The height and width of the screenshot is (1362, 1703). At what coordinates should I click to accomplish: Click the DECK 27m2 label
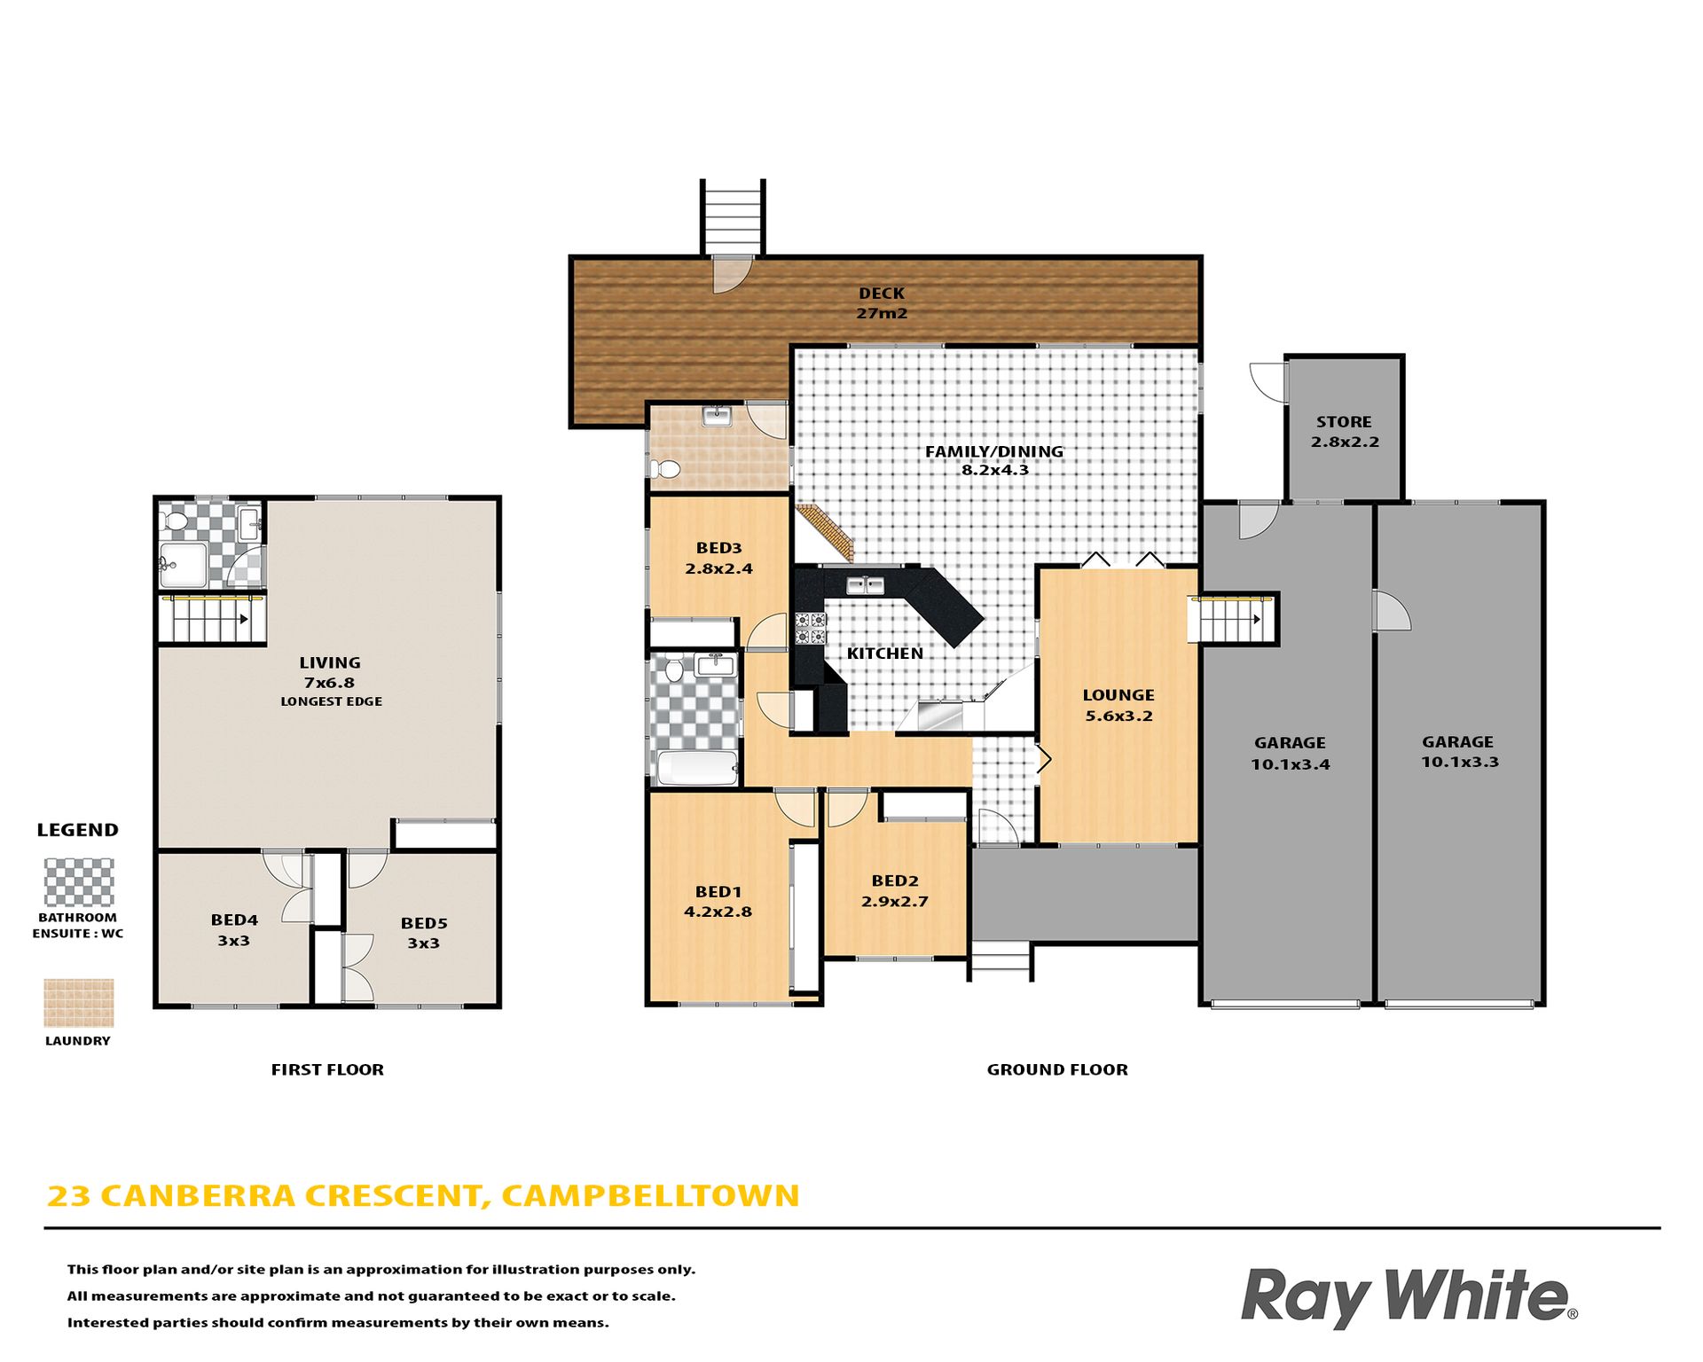882,302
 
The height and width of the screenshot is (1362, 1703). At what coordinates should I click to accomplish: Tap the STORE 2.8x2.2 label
1345,432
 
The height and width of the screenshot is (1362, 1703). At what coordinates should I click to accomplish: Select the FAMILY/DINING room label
994,451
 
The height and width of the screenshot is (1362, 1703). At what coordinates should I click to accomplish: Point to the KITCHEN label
884,654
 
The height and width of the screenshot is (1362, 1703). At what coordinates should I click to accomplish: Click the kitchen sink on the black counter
864,585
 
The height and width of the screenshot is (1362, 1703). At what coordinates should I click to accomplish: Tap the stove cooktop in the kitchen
810,628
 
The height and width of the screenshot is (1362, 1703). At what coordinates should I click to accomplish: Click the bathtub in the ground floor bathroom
697,768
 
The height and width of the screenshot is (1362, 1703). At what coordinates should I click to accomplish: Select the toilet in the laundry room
665,469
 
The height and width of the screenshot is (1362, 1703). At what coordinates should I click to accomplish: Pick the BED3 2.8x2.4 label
718,559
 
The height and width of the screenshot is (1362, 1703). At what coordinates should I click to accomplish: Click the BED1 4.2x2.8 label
718,902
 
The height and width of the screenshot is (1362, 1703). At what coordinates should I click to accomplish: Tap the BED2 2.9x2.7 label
895,891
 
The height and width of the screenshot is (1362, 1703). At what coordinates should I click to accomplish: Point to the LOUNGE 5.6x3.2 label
1118,706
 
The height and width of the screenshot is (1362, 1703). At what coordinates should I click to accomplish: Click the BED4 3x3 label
234,930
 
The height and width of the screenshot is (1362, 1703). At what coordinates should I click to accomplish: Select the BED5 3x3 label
424,933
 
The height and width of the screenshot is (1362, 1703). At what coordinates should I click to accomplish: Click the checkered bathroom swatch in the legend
79,882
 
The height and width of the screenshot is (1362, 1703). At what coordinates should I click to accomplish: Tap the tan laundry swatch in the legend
79,1003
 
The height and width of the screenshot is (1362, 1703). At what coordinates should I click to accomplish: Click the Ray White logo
1409,1297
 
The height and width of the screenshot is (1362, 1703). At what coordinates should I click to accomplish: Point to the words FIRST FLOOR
327,1069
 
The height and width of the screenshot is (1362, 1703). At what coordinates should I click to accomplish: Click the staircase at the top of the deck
733,218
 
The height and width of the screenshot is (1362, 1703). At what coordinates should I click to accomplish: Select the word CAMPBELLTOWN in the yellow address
650,1195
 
